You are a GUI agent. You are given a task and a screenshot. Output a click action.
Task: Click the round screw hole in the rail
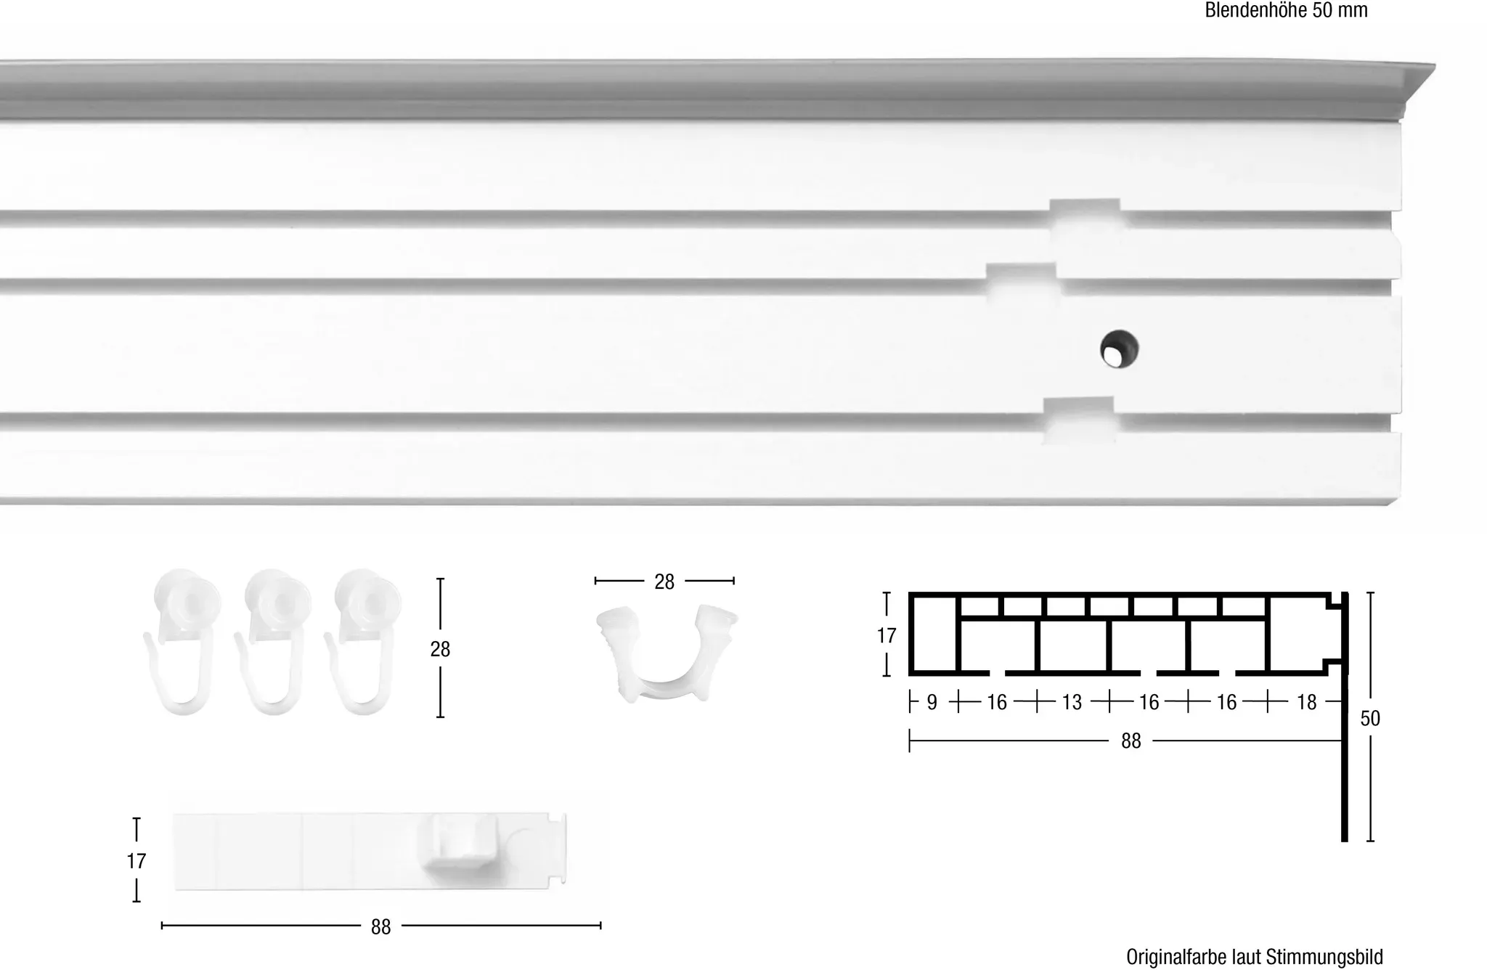tap(1119, 349)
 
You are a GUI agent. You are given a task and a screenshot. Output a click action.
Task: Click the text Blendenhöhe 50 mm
tap(1286, 10)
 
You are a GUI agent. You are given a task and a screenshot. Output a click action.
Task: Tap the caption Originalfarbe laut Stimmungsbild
tap(1254, 957)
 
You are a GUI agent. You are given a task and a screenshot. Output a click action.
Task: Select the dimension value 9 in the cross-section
tap(932, 702)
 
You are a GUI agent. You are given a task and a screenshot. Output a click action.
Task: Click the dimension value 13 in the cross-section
tap(1072, 702)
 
